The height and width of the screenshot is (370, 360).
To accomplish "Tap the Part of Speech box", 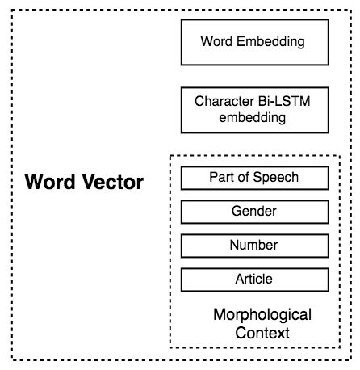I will (x=253, y=178).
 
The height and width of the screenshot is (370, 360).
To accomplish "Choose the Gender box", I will (x=253, y=211).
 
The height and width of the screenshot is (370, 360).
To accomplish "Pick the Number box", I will (x=253, y=245).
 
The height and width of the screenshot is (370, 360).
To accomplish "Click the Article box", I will (x=253, y=279).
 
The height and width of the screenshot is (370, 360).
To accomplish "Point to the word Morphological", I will (x=262, y=314).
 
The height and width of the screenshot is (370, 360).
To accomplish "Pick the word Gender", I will (x=253, y=211).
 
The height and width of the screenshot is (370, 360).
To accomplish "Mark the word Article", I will (x=253, y=279).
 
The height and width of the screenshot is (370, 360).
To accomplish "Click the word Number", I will (x=253, y=245).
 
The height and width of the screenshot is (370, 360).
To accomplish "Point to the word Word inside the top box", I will (x=216, y=40).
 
